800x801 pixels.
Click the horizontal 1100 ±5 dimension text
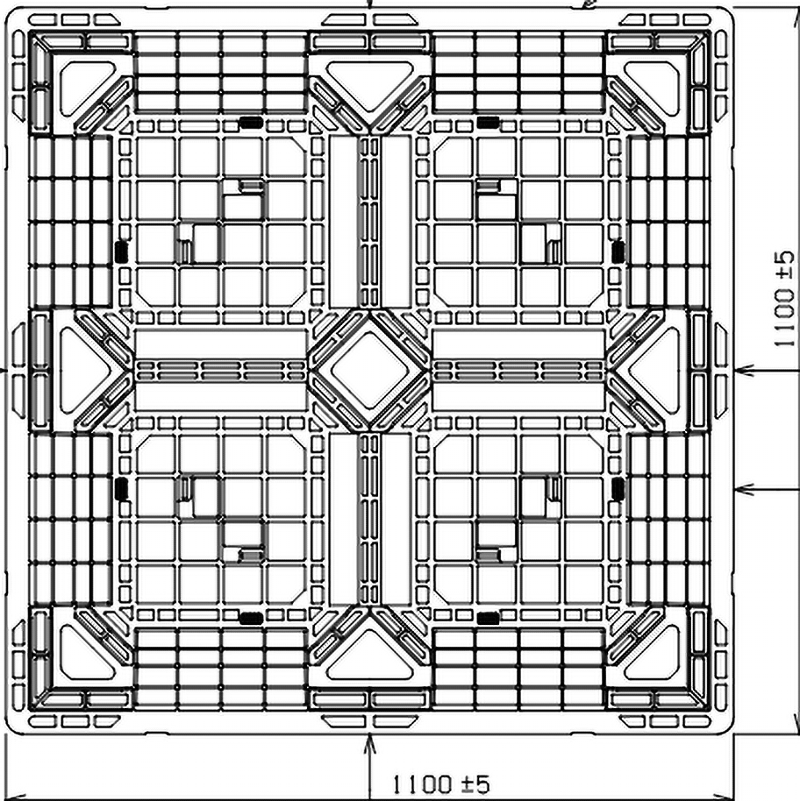(441, 783)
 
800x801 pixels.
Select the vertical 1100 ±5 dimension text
(784, 299)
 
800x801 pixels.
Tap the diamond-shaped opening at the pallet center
(369, 369)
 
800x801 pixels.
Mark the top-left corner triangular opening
(81, 84)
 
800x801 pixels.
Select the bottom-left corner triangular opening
(81, 656)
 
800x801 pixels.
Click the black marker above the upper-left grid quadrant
(251, 122)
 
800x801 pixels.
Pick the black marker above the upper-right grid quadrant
(488, 122)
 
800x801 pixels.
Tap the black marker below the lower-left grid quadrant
(251, 619)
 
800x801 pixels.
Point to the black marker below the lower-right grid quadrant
(488, 619)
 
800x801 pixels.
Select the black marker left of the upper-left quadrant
(121, 251)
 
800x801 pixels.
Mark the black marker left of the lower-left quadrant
(121, 488)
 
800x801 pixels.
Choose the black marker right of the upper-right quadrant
(618, 251)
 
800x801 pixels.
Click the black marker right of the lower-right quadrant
(618, 488)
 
